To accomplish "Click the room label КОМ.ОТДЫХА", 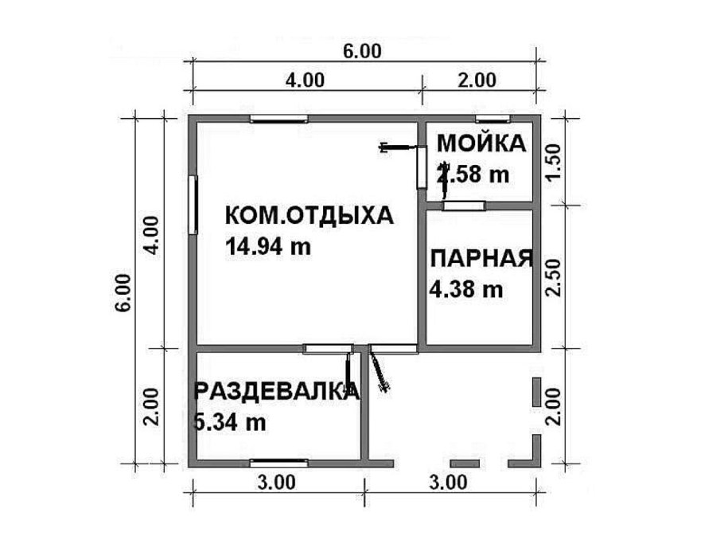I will tap(309, 216).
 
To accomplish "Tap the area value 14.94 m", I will tap(268, 247).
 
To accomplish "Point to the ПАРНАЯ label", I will tap(481, 260).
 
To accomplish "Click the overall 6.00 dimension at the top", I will tap(362, 51).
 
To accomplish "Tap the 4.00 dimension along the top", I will tap(305, 80).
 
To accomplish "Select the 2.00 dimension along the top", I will tap(477, 80).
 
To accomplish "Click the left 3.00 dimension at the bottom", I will tap(276, 482).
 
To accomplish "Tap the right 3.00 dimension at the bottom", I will tap(448, 482).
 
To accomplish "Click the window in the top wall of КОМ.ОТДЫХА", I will tap(278, 119).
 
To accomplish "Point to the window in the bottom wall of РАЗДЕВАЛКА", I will tap(278, 462).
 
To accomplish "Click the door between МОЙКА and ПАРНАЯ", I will tap(464, 206).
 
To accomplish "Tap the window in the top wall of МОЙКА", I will tap(487, 119).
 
